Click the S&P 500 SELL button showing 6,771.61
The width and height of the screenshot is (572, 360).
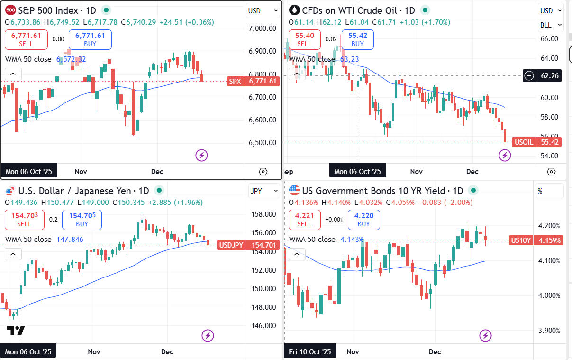[x=26, y=39]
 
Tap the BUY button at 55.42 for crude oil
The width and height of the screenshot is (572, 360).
[x=357, y=39]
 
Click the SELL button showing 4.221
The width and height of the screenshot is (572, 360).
[x=304, y=220]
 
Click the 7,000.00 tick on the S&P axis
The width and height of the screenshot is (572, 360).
[x=262, y=28]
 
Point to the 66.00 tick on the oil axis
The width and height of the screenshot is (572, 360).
[x=549, y=39]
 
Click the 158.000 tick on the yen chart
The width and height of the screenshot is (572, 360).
[x=263, y=214]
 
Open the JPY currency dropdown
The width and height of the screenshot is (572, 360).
[x=264, y=191]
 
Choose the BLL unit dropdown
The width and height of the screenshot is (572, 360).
[x=551, y=25]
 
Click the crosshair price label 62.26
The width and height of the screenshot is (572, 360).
[x=548, y=75]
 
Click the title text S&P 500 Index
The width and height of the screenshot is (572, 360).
[x=46, y=10]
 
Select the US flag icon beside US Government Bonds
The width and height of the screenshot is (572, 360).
[x=294, y=191]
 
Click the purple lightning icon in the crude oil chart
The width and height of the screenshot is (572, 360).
[x=505, y=155]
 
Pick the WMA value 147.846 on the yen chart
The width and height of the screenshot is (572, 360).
[x=70, y=240]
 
